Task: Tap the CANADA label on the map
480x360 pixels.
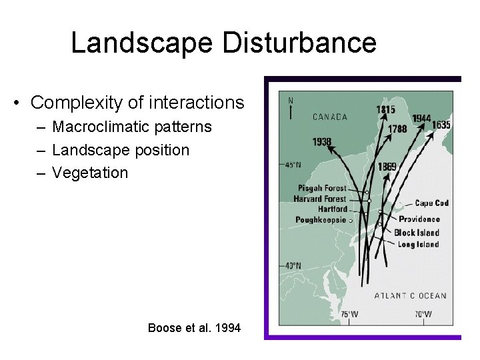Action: point(329,117)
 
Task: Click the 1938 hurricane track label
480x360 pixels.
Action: point(322,141)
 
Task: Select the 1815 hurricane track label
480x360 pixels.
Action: point(385,109)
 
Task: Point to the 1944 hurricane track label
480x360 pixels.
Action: point(421,118)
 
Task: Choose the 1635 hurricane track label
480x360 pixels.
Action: point(441,125)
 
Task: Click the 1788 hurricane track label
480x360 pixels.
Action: point(397,129)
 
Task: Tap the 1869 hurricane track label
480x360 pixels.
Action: point(387,166)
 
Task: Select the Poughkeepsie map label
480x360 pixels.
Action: point(321,219)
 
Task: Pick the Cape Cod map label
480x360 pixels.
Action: point(431,203)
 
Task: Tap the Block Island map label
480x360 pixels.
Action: point(417,233)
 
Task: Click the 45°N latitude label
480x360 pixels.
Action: point(293,165)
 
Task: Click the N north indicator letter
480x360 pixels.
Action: point(290,101)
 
